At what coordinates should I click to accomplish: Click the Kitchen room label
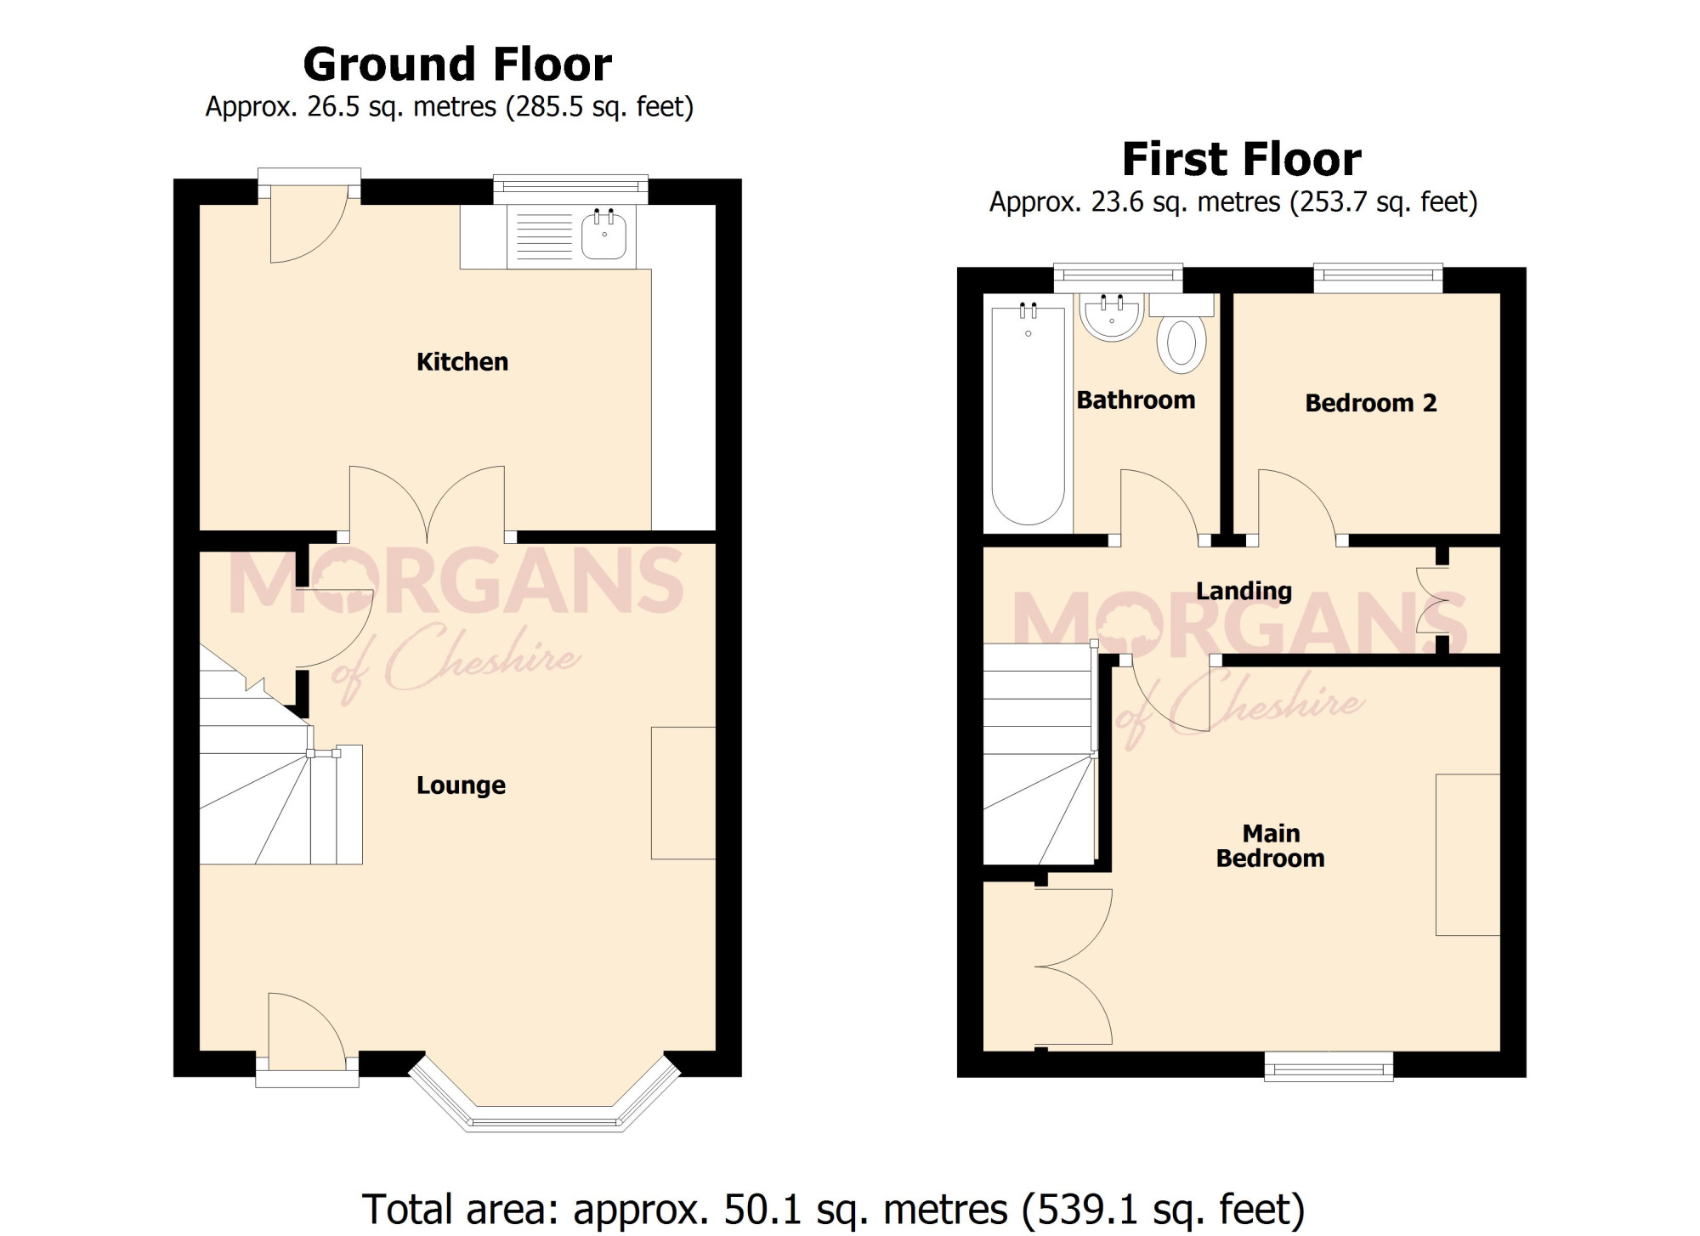coord(462,362)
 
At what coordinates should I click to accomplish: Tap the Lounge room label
coord(461,785)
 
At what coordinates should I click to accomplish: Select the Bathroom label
coord(1136,400)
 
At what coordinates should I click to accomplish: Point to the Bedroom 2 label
coord(1371,403)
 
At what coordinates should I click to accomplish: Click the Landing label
coord(1244,592)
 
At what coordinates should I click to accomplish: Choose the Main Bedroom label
coord(1271,846)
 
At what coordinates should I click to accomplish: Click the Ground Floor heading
coord(457,65)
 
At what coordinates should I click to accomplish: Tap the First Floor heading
coord(1242,159)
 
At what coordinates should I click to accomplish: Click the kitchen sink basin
coord(604,235)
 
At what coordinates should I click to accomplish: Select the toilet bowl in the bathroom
coord(1181,343)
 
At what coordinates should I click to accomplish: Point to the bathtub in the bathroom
coord(1028,415)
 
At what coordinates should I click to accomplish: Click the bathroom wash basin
coord(1112,317)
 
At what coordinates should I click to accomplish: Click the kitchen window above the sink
coord(570,190)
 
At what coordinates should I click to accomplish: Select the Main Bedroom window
coord(1329,1066)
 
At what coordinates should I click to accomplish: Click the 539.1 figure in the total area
coord(1079,1209)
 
